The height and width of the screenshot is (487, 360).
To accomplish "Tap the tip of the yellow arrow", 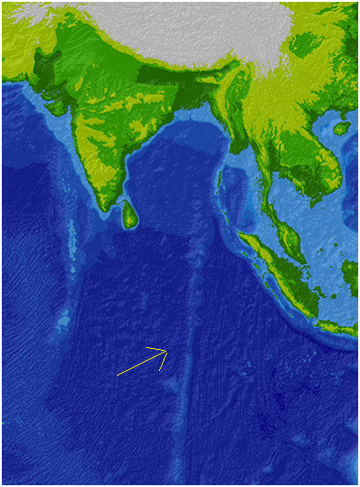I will click(167, 350).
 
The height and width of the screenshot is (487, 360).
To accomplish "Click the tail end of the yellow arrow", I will click(118, 375).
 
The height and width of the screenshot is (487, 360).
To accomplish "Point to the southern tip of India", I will click(111, 212).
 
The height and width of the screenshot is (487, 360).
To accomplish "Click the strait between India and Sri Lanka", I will click(119, 203).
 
